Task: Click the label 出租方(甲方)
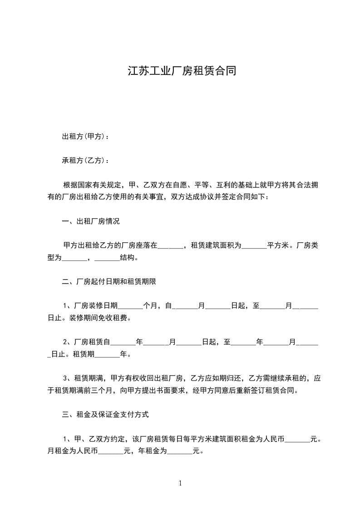(84, 136)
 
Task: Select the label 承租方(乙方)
(84, 161)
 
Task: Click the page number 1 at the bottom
(180, 483)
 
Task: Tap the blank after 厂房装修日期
(130, 307)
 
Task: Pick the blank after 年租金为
(180, 451)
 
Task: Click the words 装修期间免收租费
(99, 318)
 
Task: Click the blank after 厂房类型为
(74, 258)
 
